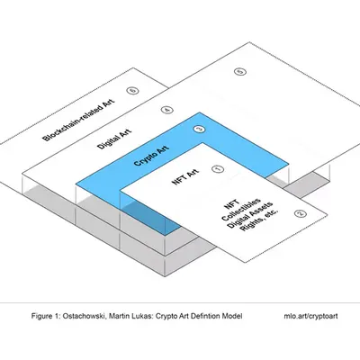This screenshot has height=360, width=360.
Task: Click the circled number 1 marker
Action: (x=218, y=169)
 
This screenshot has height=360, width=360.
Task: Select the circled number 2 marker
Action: (x=301, y=213)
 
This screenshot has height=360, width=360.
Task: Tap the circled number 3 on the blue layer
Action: (x=200, y=130)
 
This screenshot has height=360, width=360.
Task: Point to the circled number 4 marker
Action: (x=167, y=110)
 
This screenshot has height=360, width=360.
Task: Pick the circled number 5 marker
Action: (x=240, y=72)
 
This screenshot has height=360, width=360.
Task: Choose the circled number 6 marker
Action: (x=132, y=90)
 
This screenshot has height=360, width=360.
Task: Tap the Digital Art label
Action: (x=114, y=139)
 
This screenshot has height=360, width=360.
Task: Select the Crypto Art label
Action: (x=151, y=156)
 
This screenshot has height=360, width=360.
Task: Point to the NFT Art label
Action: (x=186, y=176)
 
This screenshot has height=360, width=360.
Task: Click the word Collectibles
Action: (x=241, y=209)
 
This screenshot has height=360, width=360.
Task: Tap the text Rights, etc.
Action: (x=259, y=220)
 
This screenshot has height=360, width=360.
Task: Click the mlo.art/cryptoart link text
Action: (x=310, y=316)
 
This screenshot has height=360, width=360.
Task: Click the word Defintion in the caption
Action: (x=207, y=316)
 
